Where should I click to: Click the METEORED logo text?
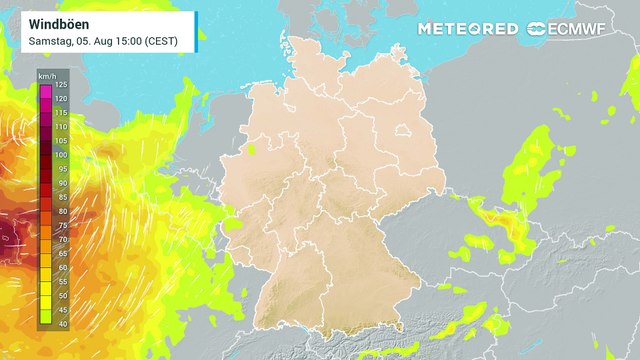click(x=468, y=28)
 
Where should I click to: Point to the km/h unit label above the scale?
click(x=47, y=76)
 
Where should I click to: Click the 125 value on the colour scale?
click(x=61, y=86)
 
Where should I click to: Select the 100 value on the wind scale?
click(x=61, y=156)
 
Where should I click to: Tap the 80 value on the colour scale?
click(x=61, y=212)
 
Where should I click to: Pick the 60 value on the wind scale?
click(x=61, y=268)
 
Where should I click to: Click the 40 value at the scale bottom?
click(x=61, y=324)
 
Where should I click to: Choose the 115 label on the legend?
click(x=61, y=114)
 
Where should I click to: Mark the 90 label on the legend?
click(x=61, y=184)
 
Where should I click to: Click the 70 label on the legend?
click(x=61, y=240)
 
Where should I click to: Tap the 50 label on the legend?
click(x=61, y=296)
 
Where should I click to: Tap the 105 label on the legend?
click(x=61, y=142)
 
